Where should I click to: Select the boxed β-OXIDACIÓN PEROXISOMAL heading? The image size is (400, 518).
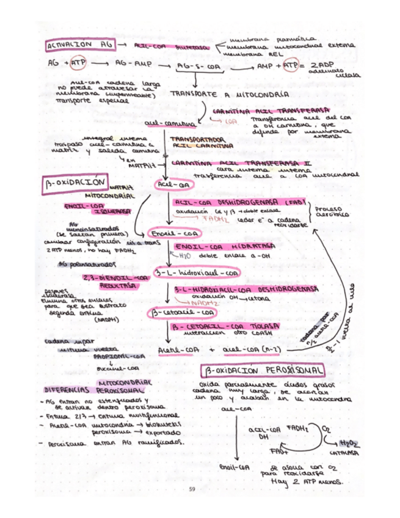[x=263, y=370]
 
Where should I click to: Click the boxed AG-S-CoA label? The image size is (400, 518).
[x=197, y=67]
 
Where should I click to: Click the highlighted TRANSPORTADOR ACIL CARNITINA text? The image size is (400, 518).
[x=193, y=142]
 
